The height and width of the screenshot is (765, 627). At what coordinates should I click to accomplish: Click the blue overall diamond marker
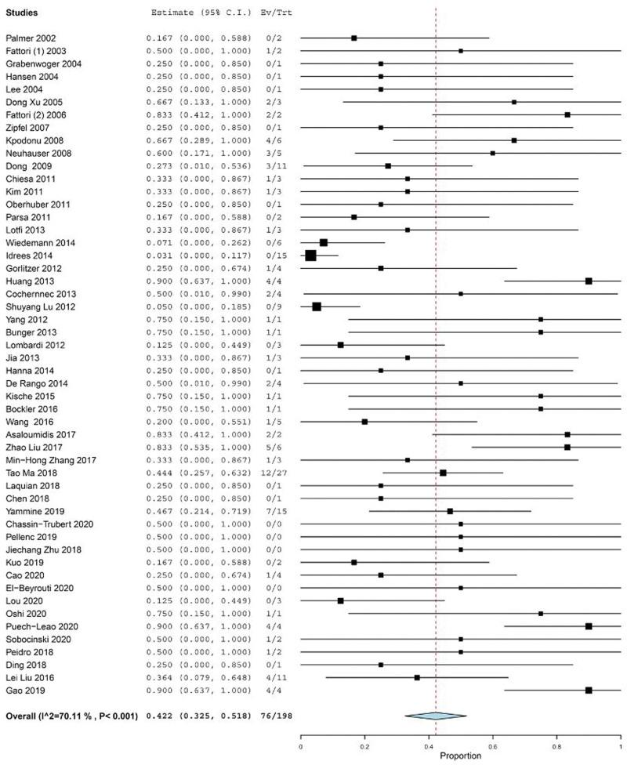coord(435,715)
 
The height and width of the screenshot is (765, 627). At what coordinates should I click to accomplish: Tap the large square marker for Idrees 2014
coord(310,255)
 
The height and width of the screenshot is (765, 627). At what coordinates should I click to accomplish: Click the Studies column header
coord(23,13)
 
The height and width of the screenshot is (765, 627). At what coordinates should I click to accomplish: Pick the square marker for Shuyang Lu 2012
coord(317,306)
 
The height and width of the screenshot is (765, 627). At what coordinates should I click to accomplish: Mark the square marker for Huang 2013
coord(589,281)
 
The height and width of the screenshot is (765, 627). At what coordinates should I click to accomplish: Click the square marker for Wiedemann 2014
coord(324,242)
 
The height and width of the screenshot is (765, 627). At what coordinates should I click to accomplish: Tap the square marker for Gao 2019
coord(589,690)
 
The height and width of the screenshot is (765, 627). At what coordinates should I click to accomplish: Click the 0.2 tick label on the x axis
coord(364,747)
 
